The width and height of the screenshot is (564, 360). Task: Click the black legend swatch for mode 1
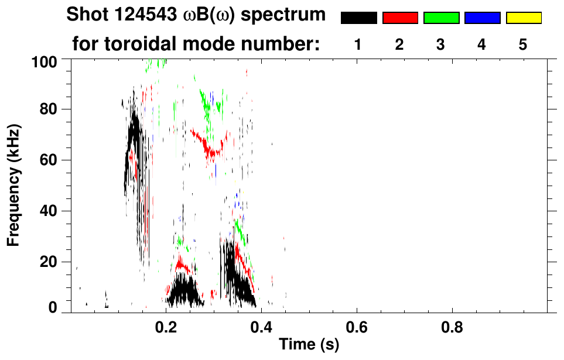[x=359, y=18]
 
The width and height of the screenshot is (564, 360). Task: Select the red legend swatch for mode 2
[x=400, y=18]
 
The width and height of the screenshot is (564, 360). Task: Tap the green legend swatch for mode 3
[x=441, y=18]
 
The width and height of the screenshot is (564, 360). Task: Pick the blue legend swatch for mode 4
[x=482, y=18]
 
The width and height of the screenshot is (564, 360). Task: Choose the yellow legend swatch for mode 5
[x=523, y=18]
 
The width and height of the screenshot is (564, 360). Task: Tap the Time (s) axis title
[x=309, y=345]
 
